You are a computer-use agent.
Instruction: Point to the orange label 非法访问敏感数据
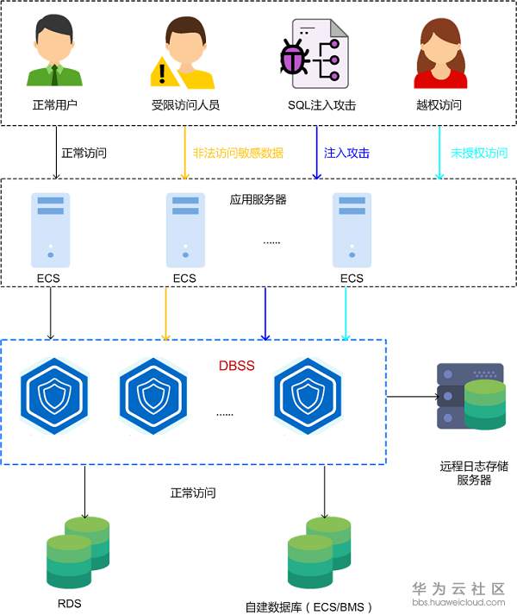point(238,154)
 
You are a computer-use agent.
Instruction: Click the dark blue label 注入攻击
point(346,154)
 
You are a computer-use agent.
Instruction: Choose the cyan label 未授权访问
point(479,154)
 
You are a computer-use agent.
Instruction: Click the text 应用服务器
point(258,199)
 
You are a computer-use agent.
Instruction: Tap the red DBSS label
point(236,366)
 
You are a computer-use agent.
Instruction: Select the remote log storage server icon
point(470,397)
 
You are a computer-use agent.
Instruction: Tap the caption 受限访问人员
point(185,105)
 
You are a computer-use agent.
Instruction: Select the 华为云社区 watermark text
point(458,589)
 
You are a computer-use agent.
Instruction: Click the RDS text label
point(69,603)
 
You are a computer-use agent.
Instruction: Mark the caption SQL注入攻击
point(321,105)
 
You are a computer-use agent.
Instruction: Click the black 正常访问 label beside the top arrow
point(84,154)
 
